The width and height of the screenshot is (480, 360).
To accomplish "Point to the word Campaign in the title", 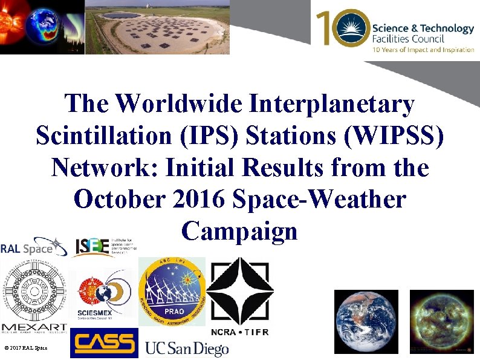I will pyautogui.click(x=239, y=231).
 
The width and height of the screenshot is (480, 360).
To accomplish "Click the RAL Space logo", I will pyautogui.click(x=33, y=247).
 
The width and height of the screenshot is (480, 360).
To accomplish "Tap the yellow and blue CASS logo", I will pyautogui.click(x=104, y=343).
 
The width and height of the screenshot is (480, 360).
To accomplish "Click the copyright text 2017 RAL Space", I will pyautogui.click(x=25, y=348).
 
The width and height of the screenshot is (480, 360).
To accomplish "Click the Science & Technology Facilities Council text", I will pyautogui.click(x=423, y=33).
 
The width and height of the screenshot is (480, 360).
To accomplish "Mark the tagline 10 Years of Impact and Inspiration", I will pyautogui.click(x=423, y=50).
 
